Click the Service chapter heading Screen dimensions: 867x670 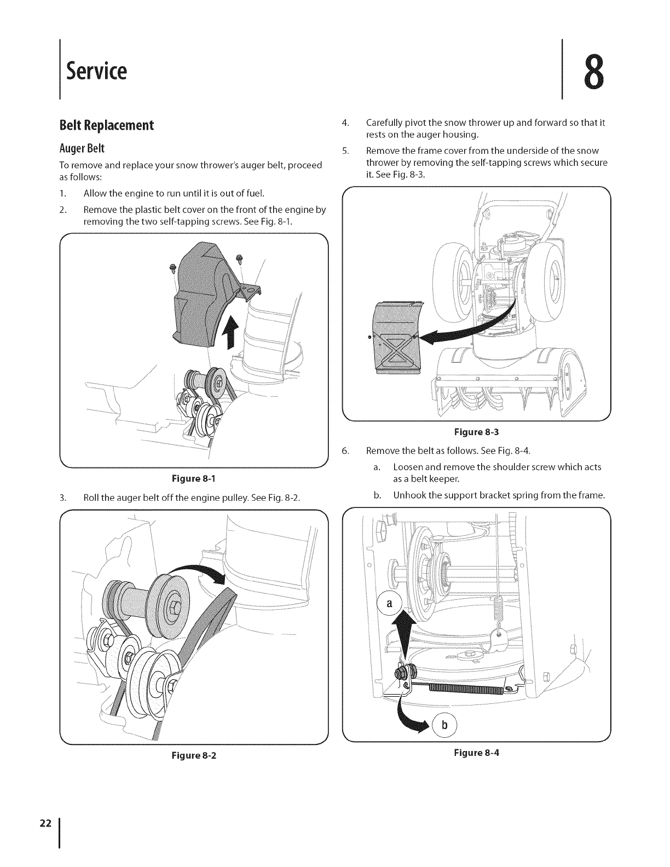click(x=96, y=71)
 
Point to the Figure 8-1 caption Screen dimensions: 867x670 click(x=193, y=478)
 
